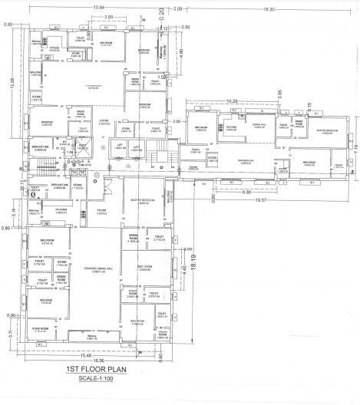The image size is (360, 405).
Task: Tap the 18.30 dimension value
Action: click(269, 8)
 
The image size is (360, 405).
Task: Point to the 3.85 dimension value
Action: click(111, 16)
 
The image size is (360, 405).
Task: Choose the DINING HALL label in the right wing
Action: click(259, 123)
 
